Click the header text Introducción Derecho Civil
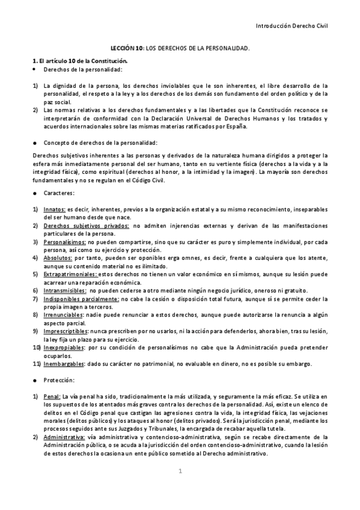[292, 26]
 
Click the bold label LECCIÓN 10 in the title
[126, 47]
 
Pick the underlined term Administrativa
[64, 437]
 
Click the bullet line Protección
[58, 380]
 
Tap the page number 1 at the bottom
[180, 471]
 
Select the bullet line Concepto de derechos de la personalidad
[100, 143]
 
